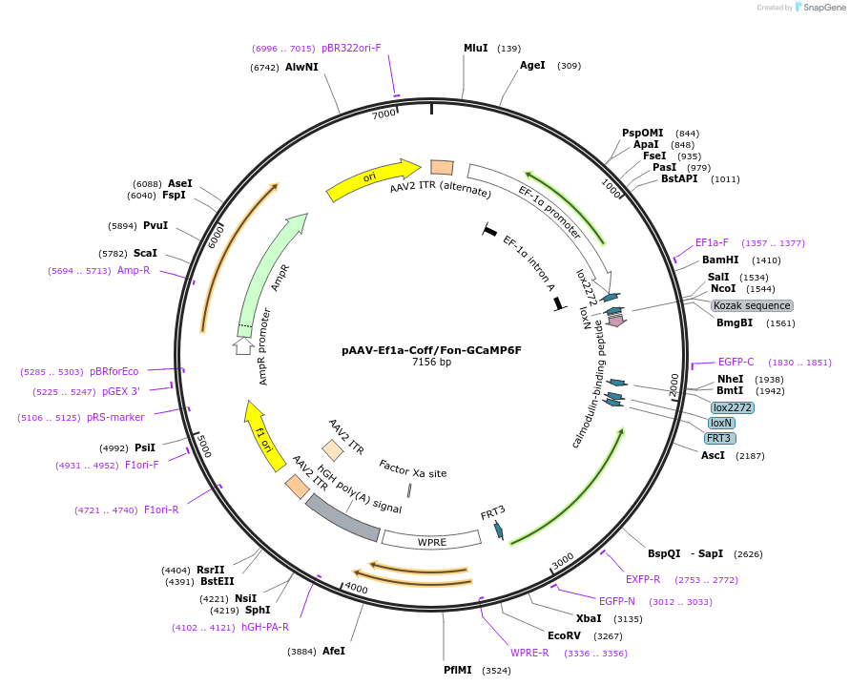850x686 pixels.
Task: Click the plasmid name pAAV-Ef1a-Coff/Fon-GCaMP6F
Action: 431,350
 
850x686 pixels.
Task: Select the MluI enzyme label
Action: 475,48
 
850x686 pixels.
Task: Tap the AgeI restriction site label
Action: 532,65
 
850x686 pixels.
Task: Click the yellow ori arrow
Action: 372,178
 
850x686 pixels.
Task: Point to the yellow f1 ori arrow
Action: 263,435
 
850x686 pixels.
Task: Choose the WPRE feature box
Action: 431,541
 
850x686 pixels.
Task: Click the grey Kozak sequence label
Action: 752,305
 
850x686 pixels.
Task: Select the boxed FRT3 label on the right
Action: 718,438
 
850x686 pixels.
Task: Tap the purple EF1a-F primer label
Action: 712,242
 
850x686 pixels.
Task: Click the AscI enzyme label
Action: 713,455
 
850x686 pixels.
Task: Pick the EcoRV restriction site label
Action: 564,635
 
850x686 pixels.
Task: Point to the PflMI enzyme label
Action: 457,670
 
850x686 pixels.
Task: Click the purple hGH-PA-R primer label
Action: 264,627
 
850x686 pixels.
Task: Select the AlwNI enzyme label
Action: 301,68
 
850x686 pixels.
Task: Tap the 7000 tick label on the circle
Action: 384,114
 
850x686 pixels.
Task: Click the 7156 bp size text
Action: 431,363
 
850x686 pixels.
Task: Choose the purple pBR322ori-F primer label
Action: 351,48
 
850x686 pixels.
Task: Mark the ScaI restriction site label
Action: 145,253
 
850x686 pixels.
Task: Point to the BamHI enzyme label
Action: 720,260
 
